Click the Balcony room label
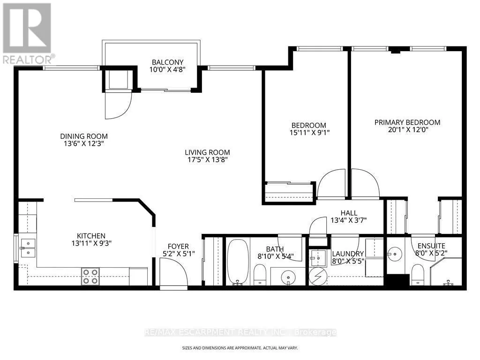click(168, 62)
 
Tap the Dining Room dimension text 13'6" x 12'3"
click(84, 143)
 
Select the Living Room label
click(207, 152)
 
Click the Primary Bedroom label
click(407, 122)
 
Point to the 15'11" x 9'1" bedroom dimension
click(309, 133)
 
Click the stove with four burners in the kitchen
click(90, 277)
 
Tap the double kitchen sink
click(28, 248)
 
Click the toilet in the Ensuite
click(418, 275)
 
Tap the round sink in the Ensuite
click(395, 254)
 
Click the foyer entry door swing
click(173, 271)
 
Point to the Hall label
click(349, 213)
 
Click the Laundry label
click(348, 254)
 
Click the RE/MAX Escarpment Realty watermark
click(240, 332)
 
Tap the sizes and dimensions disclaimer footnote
click(240, 348)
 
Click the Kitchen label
click(91, 236)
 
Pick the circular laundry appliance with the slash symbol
click(318, 277)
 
